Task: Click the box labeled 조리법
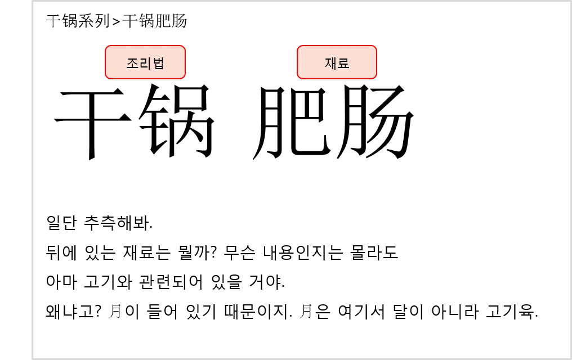(145, 62)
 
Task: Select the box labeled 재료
(337, 62)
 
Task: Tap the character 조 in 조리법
(132, 63)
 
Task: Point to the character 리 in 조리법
(145, 63)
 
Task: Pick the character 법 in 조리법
(158, 63)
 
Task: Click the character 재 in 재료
(330, 63)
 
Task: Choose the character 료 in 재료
(343, 63)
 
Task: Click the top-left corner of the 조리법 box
(106, 47)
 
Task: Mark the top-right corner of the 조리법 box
(184, 47)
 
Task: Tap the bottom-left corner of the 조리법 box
(106, 78)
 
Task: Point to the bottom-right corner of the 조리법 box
(184, 78)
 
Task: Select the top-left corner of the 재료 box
(298, 47)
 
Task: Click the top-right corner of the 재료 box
(376, 47)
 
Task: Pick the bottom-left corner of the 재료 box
(298, 78)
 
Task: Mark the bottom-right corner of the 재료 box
(376, 78)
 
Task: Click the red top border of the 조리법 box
(145, 46)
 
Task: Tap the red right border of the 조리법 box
(185, 62)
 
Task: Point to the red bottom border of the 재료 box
(337, 79)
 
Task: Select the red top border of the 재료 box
(337, 46)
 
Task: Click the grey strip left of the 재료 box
(294, 61)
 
